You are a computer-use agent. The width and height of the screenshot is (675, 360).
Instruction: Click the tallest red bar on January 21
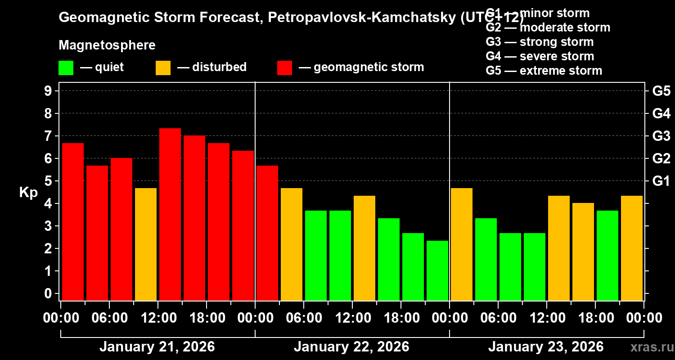[x=170, y=214]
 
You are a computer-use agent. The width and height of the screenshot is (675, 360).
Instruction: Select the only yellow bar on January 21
[x=146, y=244]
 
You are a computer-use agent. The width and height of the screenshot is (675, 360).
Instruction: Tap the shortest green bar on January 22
[x=437, y=270]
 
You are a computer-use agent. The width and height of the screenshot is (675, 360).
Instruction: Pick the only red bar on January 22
[x=267, y=233]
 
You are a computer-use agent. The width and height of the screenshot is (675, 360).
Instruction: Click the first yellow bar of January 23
[x=462, y=244]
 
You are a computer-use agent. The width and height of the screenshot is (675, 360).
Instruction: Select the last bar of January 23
[x=632, y=248]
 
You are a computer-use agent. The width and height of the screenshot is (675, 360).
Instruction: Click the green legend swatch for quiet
[x=66, y=67]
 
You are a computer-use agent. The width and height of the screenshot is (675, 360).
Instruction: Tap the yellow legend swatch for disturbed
[x=163, y=67]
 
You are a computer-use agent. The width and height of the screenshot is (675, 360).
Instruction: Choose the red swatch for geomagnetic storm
[x=284, y=67]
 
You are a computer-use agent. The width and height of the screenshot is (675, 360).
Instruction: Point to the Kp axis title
[x=28, y=193]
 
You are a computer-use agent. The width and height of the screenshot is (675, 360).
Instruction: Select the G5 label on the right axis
[x=661, y=91]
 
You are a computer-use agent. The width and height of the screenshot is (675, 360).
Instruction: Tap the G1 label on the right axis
[x=661, y=181]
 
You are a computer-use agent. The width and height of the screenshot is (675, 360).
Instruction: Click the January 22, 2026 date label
[x=351, y=347]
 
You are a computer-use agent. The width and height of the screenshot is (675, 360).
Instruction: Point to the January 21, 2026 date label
[x=157, y=347]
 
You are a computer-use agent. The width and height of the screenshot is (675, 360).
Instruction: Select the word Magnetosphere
[x=107, y=45]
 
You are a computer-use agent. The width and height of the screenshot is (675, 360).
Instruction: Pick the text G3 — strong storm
[x=540, y=42]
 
